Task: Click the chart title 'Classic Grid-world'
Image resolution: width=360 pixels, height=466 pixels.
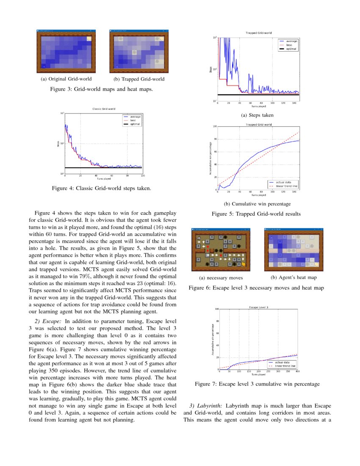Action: tap(103, 109)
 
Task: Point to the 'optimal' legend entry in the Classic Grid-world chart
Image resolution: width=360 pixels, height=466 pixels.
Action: tap(135, 124)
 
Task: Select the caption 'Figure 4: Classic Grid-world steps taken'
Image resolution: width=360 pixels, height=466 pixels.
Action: tap(101, 188)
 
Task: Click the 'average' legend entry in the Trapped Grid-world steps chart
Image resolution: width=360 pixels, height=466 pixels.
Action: tap(291, 41)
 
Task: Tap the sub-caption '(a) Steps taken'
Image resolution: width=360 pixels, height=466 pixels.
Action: tap(257, 115)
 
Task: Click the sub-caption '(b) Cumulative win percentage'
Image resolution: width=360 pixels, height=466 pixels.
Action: tap(257, 204)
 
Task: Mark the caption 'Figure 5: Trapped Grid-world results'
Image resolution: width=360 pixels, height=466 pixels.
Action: tap(256, 214)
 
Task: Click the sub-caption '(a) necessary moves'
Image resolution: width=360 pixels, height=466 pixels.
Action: tap(219, 278)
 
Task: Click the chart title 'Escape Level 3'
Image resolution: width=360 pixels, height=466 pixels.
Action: tap(258, 306)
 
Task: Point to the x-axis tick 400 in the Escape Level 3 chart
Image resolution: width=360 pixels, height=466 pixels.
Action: tap(297, 372)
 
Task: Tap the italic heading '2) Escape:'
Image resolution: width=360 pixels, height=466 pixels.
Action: tap(47, 322)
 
